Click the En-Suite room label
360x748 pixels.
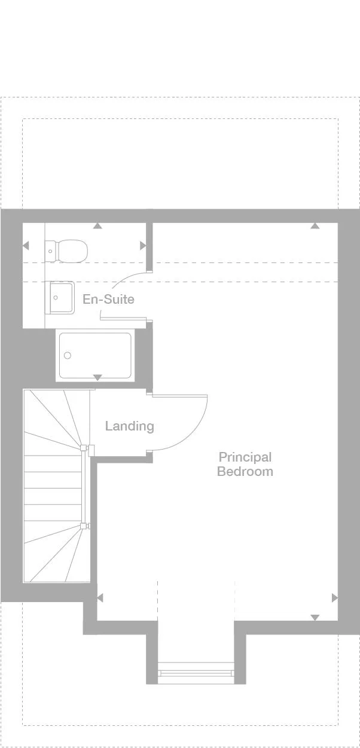(x=108, y=299)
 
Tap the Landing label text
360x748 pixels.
(x=129, y=426)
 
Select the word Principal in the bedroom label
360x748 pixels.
(x=245, y=457)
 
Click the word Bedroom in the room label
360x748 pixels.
(x=245, y=471)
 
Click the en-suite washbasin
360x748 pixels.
(x=61, y=297)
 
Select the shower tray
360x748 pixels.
(x=94, y=355)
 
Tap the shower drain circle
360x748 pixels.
(x=68, y=356)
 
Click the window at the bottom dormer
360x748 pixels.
(x=196, y=673)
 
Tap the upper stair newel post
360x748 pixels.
(x=83, y=448)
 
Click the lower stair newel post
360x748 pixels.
(x=83, y=526)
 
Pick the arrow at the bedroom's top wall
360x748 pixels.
(x=315, y=226)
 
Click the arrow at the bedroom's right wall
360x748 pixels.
(x=334, y=598)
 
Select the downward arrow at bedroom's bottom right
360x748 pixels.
(x=315, y=617)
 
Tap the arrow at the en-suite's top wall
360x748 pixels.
(x=97, y=226)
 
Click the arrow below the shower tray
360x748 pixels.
(x=97, y=377)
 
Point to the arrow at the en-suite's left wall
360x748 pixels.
(x=26, y=246)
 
